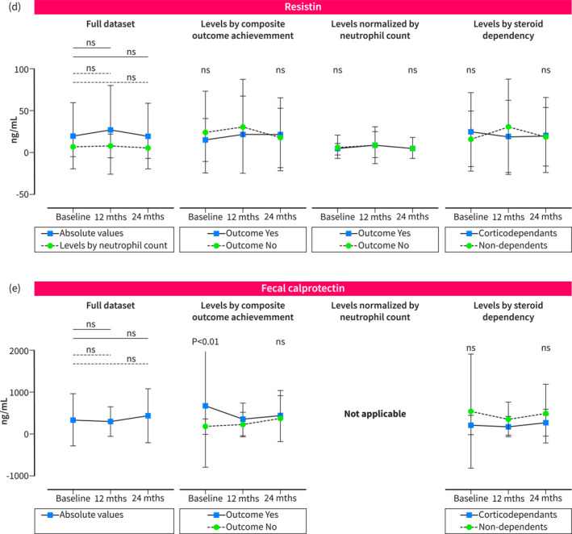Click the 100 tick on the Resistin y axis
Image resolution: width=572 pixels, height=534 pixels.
44,69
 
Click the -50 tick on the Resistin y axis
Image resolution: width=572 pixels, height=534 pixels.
42,194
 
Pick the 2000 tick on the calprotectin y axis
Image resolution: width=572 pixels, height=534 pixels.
37,351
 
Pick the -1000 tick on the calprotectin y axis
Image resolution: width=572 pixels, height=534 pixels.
35,476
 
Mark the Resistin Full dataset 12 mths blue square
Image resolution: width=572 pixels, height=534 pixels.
111,130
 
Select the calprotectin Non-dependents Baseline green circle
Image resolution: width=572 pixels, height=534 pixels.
470,411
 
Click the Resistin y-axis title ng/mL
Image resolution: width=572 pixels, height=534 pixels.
15,131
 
